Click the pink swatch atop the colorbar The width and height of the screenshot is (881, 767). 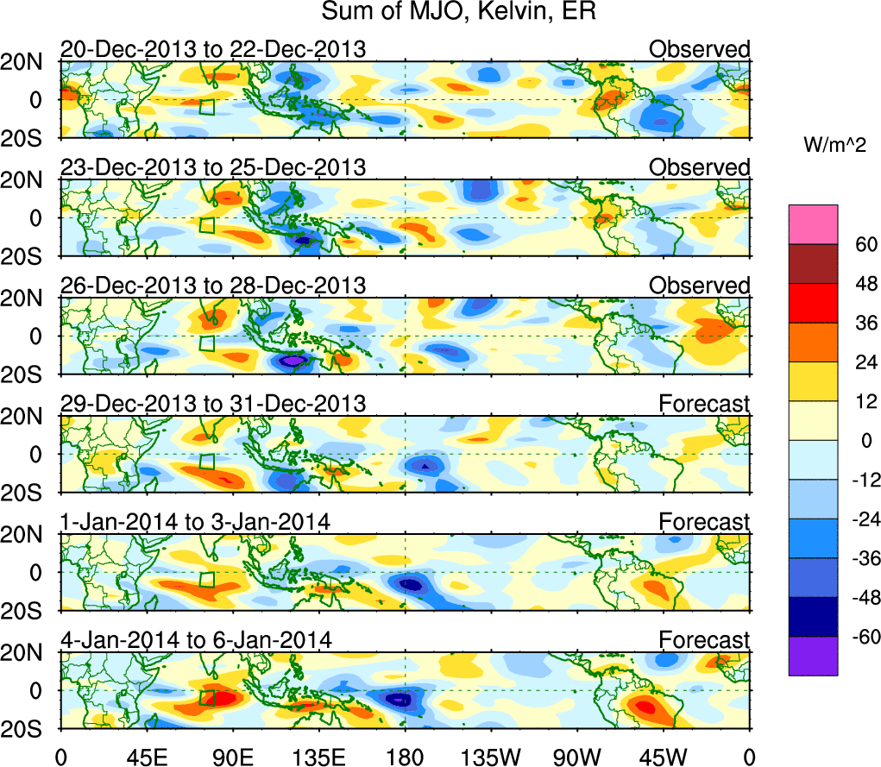click(x=812, y=224)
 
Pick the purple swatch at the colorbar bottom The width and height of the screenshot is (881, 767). click(x=812, y=656)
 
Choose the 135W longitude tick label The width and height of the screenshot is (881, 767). click(x=491, y=757)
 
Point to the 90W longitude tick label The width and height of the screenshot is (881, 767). click(x=577, y=757)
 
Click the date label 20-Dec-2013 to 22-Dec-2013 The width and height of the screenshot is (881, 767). click(x=212, y=48)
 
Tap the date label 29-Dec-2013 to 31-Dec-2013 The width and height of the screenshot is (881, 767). click(x=212, y=403)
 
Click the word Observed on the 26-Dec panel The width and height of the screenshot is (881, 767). click(x=700, y=285)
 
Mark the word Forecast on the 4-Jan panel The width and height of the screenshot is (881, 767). click(x=705, y=639)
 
